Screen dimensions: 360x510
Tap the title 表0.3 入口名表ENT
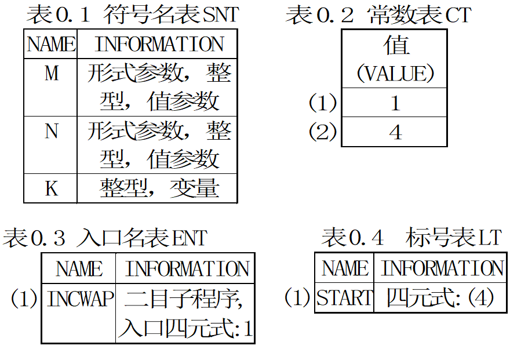pyautogui.click(x=105, y=238)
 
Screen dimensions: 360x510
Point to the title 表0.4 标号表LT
pyautogui.click(x=411, y=238)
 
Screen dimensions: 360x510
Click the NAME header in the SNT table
pyautogui.click(x=51, y=44)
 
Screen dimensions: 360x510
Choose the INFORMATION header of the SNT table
pyautogui.click(x=158, y=44)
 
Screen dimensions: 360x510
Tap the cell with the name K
pyautogui.click(x=51, y=188)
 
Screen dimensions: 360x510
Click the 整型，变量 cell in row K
pyautogui.click(x=158, y=188)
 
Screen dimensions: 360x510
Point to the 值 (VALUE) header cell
pyautogui.click(x=395, y=59)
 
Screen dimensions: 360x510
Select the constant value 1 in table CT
pyautogui.click(x=395, y=103)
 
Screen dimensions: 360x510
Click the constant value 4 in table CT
pyautogui.click(x=395, y=132)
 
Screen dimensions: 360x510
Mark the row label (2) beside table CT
pyautogui.click(x=322, y=132)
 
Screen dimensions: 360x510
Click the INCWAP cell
pyautogui.click(x=79, y=299)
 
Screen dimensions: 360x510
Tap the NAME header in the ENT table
pyautogui.click(x=79, y=269)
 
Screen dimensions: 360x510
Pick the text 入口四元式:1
pyautogui.click(x=185, y=329)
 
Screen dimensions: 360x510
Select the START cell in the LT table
pyautogui.click(x=344, y=298)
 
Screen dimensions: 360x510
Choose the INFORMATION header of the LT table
pyautogui.click(x=442, y=268)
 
